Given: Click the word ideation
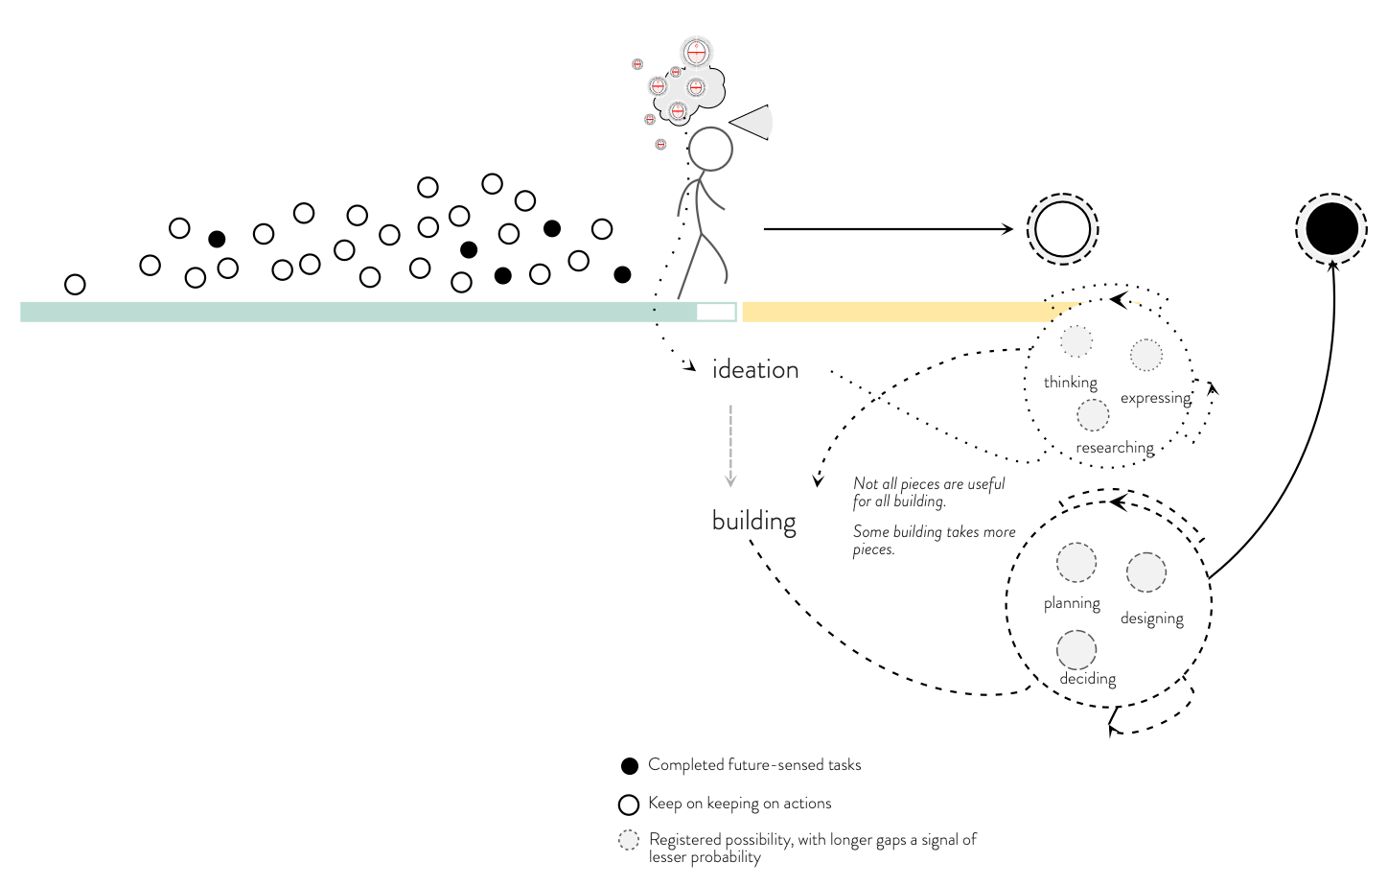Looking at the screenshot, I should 755,370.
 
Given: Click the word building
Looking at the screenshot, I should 754,522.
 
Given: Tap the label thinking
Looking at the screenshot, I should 1070,383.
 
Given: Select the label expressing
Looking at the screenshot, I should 1155,398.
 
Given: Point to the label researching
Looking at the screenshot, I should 1115,448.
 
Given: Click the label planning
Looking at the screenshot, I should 1072,603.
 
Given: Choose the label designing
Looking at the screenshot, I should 1151,618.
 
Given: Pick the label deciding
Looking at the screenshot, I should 1087,679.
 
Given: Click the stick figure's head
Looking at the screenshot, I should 710,150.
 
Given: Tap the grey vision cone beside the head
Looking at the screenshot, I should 754,122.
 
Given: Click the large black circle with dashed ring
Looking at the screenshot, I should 1331,229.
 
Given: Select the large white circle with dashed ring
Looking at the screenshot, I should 1062,229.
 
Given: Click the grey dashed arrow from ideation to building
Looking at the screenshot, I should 730,445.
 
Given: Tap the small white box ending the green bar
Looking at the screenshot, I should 716,312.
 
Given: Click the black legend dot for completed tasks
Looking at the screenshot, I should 630,766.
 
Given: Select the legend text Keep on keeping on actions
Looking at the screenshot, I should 739,804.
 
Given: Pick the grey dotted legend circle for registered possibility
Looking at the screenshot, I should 629,841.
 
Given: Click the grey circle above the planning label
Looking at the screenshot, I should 1076,563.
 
